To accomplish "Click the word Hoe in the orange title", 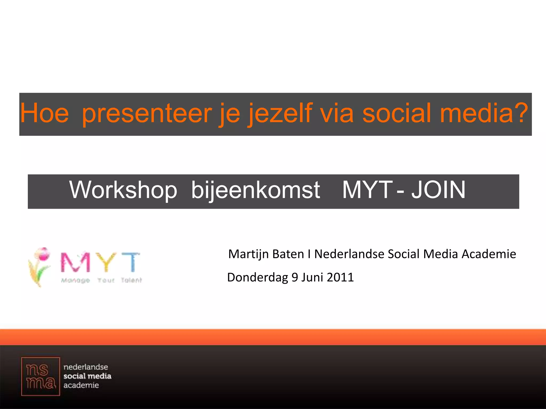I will (x=45, y=113).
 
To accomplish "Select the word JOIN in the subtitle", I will (x=438, y=190).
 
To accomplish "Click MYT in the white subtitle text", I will (x=367, y=190).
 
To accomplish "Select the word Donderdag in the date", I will (x=258, y=277).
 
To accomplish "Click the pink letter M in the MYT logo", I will (x=75, y=262).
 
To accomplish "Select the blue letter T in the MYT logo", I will (x=131, y=262).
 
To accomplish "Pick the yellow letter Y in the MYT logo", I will (x=106, y=262).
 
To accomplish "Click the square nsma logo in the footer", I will (x=41, y=377).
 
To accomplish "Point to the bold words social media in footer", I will (x=87, y=376).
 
